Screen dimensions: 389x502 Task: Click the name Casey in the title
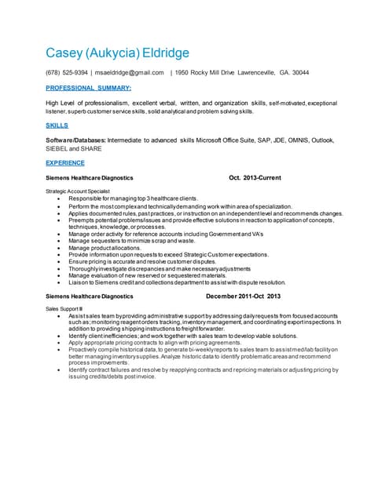coord(68,53)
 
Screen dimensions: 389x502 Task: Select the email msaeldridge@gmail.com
coord(129,73)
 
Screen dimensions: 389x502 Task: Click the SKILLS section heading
coord(57,125)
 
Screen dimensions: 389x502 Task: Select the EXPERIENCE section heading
coord(65,163)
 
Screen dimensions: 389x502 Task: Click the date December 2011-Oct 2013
coord(243,296)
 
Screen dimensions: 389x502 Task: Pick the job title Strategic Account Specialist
coord(78,191)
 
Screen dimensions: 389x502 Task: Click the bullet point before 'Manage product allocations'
coord(60,248)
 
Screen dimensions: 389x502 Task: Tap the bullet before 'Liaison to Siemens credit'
coord(60,282)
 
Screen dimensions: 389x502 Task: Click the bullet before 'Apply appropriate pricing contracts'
coord(60,343)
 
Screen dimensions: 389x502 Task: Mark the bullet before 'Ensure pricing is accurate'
coord(60,262)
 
